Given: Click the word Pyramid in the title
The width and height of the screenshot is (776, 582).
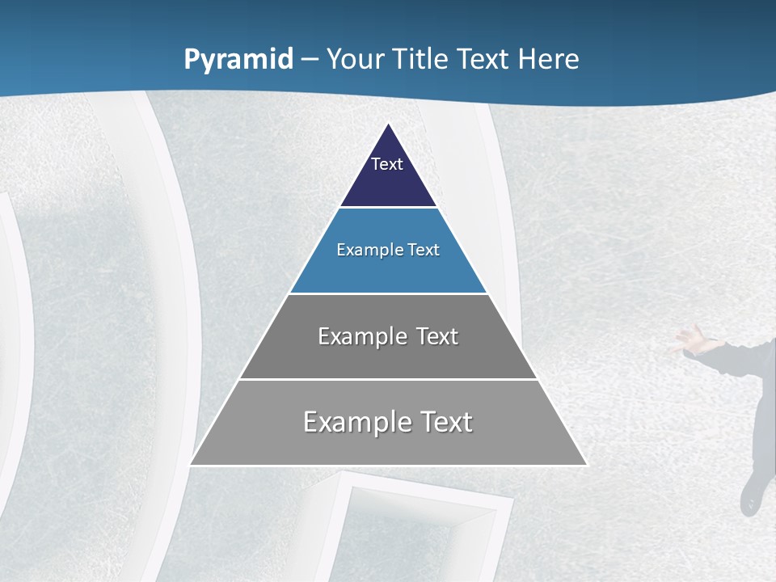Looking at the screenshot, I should tap(238, 60).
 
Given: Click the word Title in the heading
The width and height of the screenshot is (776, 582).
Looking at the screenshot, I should tap(419, 59).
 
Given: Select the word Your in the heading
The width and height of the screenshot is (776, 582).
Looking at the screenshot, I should tap(354, 59).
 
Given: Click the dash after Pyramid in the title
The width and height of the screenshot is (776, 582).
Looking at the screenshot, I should tap(310, 60).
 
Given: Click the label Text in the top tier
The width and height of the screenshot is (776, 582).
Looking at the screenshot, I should tap(387, 164).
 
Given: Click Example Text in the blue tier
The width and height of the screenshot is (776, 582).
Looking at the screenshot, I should tap(388, 250).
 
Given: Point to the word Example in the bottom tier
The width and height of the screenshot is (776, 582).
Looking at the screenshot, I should tap(356, 422).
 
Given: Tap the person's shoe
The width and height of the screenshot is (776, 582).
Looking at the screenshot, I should tap(751, 496).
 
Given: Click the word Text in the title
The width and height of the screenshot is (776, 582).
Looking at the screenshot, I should tap(483, 59).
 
